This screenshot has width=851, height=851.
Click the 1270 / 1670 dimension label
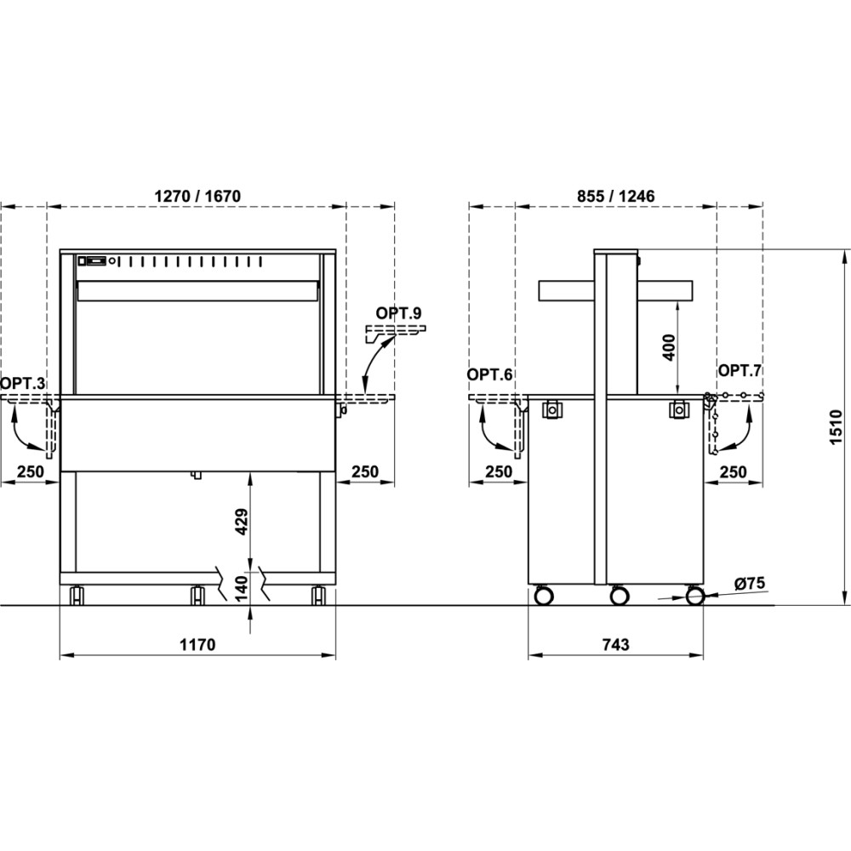[197, 196]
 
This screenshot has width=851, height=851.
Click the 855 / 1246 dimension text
[616, 196]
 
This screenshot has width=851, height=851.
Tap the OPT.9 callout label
[398, 313]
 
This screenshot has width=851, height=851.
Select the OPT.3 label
[23, 384]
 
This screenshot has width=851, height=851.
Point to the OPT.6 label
[489, 374]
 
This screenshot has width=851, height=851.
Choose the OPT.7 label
[740, 371]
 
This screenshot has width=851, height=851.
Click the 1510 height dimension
[836, 428]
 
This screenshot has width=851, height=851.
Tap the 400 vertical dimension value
[669, 347]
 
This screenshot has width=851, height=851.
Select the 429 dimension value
[242, 522]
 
